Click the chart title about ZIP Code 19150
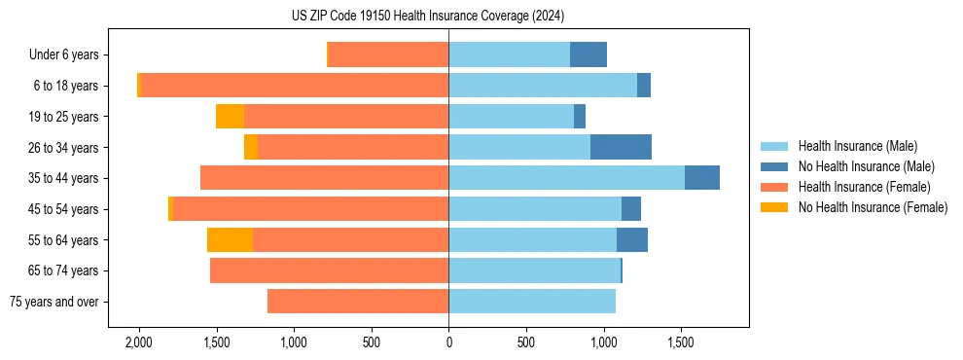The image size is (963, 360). coord(427,17)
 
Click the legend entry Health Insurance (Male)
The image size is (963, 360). coord(857,146)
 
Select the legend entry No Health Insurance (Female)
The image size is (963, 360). coord(872,207)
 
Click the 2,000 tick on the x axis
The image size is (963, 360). coord(139,342)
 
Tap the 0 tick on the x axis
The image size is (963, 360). coord(448,342)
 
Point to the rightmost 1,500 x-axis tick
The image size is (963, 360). coord(680,342)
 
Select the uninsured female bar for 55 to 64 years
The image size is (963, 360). coord(230,240)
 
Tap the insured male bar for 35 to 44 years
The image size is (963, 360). coord(566,178)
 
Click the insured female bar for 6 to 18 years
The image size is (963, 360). coord(295,86)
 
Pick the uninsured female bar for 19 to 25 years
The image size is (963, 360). coord(230,117)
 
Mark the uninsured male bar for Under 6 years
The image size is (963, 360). coord(588,55)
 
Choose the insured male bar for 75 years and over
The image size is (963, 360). coord(532,302)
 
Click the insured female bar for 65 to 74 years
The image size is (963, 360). coord(329,270)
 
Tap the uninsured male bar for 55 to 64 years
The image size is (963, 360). coord(631,240)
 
